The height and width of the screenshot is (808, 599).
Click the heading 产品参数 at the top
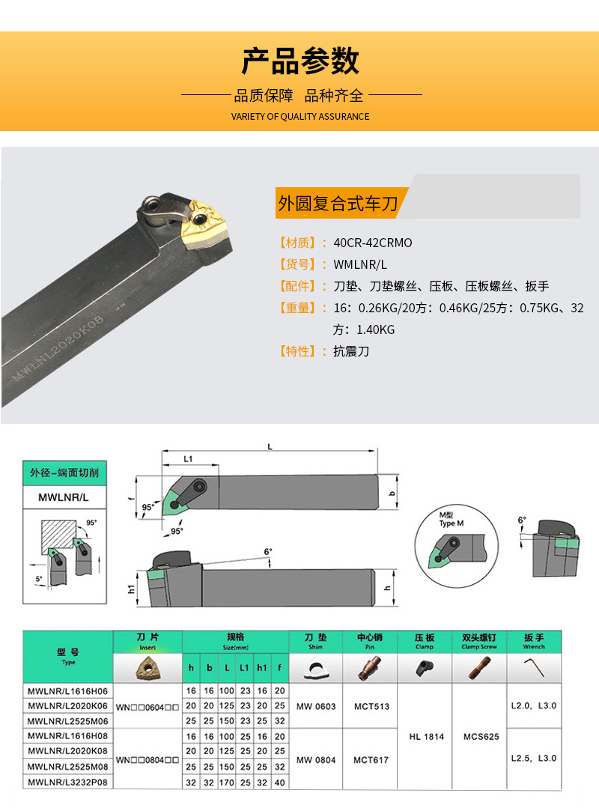pos(299,61)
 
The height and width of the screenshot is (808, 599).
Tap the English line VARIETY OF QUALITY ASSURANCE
pos(299,116)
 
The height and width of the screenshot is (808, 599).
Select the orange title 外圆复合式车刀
pos(338,203)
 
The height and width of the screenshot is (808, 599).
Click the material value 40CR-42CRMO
pos(373,243)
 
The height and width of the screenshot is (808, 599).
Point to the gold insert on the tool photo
pos(203,221)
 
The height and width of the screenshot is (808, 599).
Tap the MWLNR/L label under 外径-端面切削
pos(64,496)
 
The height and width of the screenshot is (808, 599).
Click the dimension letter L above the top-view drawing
pos(270,447)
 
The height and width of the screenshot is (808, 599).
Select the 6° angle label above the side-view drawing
pos(268,552)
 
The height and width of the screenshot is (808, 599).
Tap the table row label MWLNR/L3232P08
pos(68,783)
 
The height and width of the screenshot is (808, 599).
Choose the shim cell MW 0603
pos(316,706)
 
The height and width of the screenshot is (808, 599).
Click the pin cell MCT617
pos(371,760)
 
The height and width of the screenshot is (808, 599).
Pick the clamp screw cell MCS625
pos(480,737)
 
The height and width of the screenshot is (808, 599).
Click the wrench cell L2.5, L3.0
pos(534,759)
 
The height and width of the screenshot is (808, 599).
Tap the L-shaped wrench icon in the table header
pos(534,667)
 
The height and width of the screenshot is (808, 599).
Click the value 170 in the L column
pos(227,783)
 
